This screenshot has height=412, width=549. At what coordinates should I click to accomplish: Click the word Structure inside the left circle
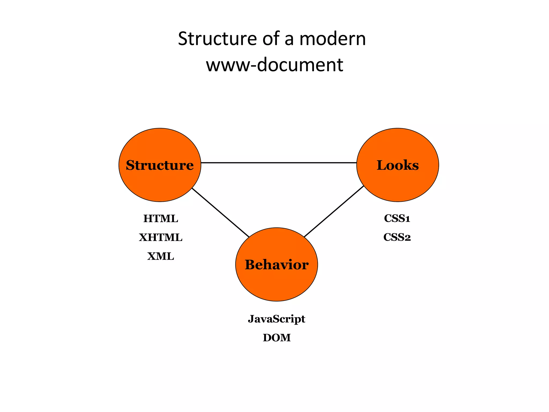(160, 165)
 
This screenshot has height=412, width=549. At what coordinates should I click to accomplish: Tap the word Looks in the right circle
(398, 165)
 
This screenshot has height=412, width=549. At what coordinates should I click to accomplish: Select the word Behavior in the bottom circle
(276, 265)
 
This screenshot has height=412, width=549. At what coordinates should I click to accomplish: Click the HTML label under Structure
(161, 219)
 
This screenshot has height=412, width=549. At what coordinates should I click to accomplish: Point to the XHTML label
(161, 237)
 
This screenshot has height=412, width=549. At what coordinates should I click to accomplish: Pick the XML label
(161, 256)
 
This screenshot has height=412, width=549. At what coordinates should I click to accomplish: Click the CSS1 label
(397, 218)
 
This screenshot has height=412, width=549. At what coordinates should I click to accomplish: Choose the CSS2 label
(397, 237)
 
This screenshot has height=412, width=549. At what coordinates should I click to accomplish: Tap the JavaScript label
(276, 319)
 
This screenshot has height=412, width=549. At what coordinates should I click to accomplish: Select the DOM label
(277, 338)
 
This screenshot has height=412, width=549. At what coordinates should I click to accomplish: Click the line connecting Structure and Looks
(279, 163)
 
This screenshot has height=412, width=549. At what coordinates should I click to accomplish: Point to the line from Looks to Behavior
(334, 211)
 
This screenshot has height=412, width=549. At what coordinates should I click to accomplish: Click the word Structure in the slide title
(217, 39)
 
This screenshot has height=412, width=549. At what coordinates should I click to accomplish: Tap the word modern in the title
(332, 39)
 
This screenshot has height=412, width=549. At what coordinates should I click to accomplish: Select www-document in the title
(274, 65)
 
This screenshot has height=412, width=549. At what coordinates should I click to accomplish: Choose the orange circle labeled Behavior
(276, 284)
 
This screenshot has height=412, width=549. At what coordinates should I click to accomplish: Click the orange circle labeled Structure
(160, 185)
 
